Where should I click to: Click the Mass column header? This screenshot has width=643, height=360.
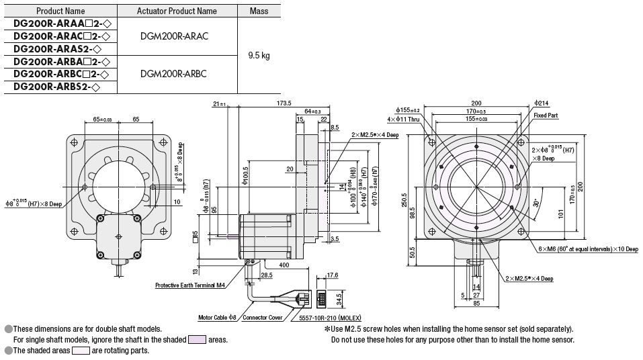point(259,11)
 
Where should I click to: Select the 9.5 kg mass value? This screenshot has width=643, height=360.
point(259,56)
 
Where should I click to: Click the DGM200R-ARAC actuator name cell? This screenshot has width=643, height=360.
point(177,36)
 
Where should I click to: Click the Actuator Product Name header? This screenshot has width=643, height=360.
point(177,11)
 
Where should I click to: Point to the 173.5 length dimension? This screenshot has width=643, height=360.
point(284,103)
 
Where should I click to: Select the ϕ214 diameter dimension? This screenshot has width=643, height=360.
point(542,103)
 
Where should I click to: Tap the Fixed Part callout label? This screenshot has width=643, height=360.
point(546,116)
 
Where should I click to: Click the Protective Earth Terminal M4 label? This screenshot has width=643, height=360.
point(190,285)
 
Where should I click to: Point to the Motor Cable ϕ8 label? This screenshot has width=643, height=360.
point(218,317)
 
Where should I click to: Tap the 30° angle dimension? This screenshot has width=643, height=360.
point(535,202)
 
